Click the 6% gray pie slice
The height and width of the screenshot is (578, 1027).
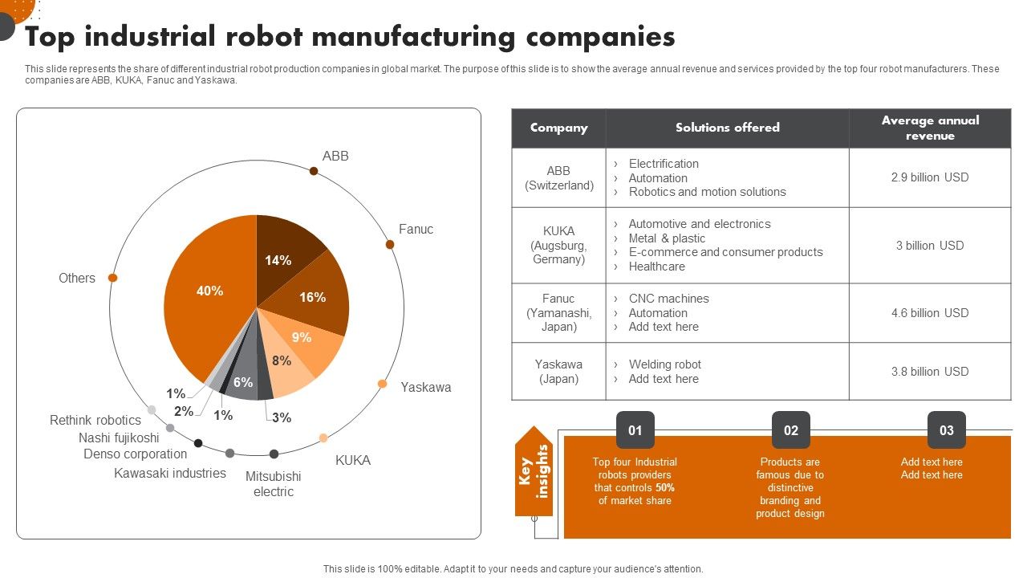coord(244,381)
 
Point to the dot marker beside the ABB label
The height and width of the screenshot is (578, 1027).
coord(314,170)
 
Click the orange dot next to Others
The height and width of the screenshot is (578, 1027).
coord(113,278)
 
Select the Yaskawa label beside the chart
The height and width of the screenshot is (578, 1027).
coord(425,387)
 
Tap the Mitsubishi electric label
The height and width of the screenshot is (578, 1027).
coord(273,483)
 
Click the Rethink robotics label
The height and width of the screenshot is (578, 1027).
coord(95,420)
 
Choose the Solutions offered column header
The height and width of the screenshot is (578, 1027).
coord(727,128)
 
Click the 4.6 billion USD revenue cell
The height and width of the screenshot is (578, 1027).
coord(929,313)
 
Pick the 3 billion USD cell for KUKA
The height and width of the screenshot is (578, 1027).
coord(929,246)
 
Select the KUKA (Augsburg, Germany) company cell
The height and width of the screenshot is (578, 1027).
coord(558,245)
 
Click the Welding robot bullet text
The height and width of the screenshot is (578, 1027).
coord(664,364)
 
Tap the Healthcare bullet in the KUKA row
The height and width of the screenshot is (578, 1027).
coord(656,267)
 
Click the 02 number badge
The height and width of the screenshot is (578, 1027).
coord(790,430)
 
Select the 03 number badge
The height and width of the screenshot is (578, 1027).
coord(946,430)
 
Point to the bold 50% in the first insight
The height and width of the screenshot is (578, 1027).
coord(664,487)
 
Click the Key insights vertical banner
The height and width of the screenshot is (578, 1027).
coord(534,471)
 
